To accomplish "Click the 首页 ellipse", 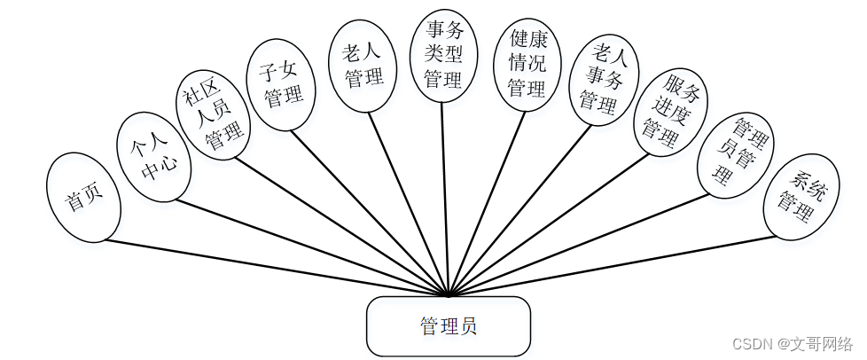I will point(82,198).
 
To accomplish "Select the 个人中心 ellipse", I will point(154,157).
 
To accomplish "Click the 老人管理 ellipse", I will point(362,67).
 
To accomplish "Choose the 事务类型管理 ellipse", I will point(443,56).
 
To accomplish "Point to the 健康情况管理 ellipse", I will point(527,64).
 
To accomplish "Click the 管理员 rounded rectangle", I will point(449,326).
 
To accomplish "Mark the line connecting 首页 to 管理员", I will point(266,266).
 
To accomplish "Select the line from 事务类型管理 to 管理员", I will point(447,195).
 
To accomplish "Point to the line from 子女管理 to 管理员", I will point(372,213).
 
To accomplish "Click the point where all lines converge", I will point(450,294).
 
